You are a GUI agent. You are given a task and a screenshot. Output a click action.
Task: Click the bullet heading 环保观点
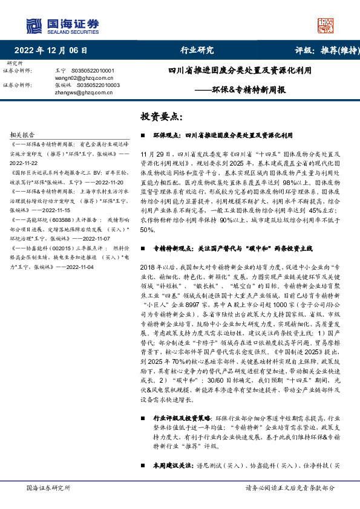(x=166, y=137)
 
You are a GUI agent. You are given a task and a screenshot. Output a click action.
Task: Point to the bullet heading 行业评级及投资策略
(x=174, y=418)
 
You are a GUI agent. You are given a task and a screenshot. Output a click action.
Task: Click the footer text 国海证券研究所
(x=46, y=488)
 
